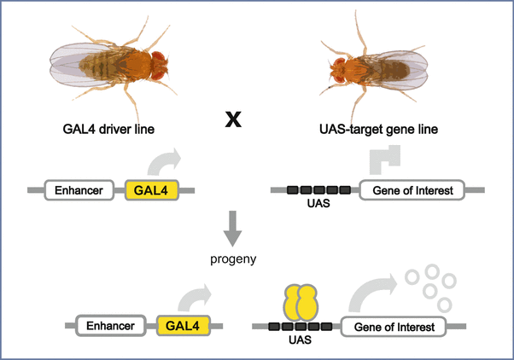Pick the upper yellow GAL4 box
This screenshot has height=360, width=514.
tap(150, 190)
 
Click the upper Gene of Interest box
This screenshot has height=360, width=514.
tap(411, 189)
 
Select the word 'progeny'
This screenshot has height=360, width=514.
tap(232, 257)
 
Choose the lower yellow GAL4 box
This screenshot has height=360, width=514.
tap(183, 326)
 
